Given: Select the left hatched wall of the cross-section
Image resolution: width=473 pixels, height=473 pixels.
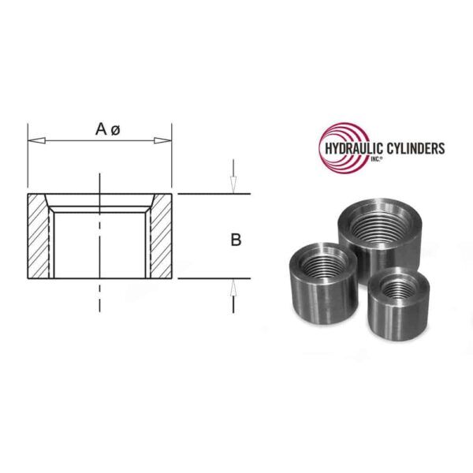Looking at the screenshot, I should (39, 236).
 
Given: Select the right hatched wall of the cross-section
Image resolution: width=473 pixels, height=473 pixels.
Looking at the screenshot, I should (161, 236).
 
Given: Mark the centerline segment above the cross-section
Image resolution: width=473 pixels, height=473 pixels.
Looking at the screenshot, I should (100, 182).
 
